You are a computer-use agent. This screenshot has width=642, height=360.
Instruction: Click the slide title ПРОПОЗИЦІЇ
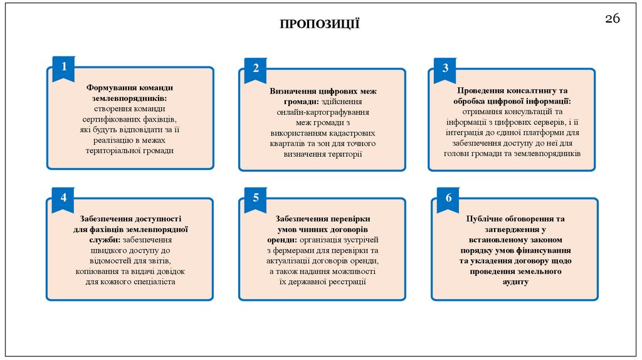[320, 24]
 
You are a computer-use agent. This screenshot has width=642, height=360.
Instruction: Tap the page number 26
[613, 19]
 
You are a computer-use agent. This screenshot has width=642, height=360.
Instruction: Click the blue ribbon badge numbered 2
[256, 68]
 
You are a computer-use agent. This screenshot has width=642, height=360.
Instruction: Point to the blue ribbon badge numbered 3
[445, 68]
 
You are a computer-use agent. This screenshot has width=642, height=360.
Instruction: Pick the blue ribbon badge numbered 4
[63, 198]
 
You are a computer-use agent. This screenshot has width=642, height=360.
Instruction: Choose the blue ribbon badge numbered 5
[256, 198]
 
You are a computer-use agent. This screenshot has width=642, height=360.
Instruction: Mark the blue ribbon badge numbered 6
[448, 198]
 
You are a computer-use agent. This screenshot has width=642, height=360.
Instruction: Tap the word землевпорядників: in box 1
[130, 98]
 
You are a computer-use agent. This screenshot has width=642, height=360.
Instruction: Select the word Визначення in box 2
[293, 91]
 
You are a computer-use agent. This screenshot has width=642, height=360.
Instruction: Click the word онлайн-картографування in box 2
[322, 112]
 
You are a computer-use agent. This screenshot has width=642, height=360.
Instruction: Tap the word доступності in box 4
[157, 218]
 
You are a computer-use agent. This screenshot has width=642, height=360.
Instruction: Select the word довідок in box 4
[166, 272]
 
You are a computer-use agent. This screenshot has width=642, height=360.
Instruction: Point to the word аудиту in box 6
[515, 282]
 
